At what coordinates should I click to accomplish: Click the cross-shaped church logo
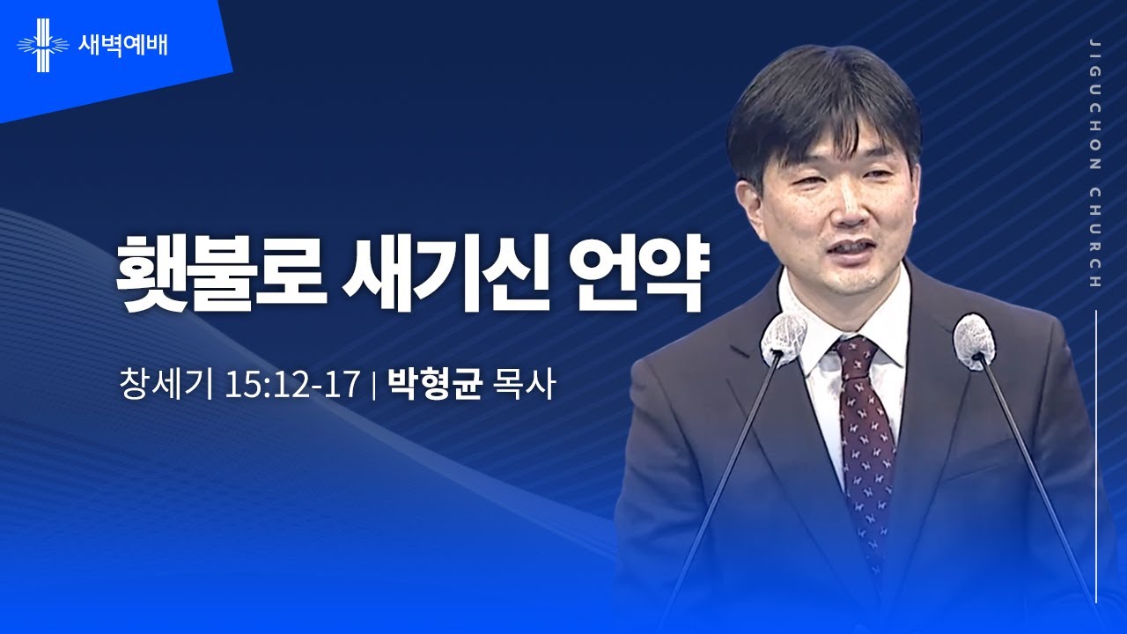click(x=42, y=44)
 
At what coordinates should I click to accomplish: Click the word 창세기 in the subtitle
click(x=166, y=385)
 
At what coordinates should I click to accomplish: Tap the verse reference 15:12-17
click(x=292, y=385)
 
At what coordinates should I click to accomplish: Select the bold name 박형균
click(x=435, y=385)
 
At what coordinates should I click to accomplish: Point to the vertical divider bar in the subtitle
click(x=375, y=386)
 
